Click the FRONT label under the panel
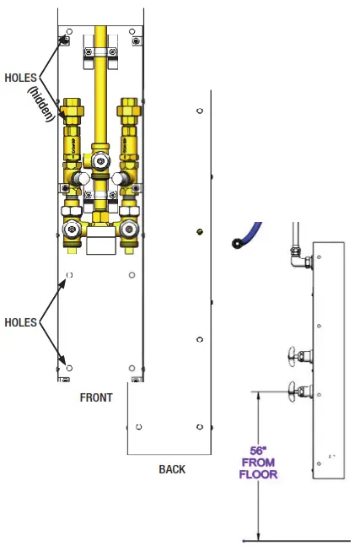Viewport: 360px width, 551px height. pos(96,397)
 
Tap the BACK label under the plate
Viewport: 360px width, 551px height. pos(172,469)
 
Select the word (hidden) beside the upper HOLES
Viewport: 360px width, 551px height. pos(41,104)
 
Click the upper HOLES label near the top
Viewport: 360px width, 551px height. pos(21,78)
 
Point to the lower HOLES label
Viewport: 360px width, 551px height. pos(21,322)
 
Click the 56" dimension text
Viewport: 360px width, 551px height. pos(259,451)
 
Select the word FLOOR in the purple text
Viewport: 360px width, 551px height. pos(259,474)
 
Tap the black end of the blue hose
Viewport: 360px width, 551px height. pos(236,243)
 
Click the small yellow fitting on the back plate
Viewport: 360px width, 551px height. pos(200,231)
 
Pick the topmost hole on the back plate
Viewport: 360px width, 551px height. pos(200,111)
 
